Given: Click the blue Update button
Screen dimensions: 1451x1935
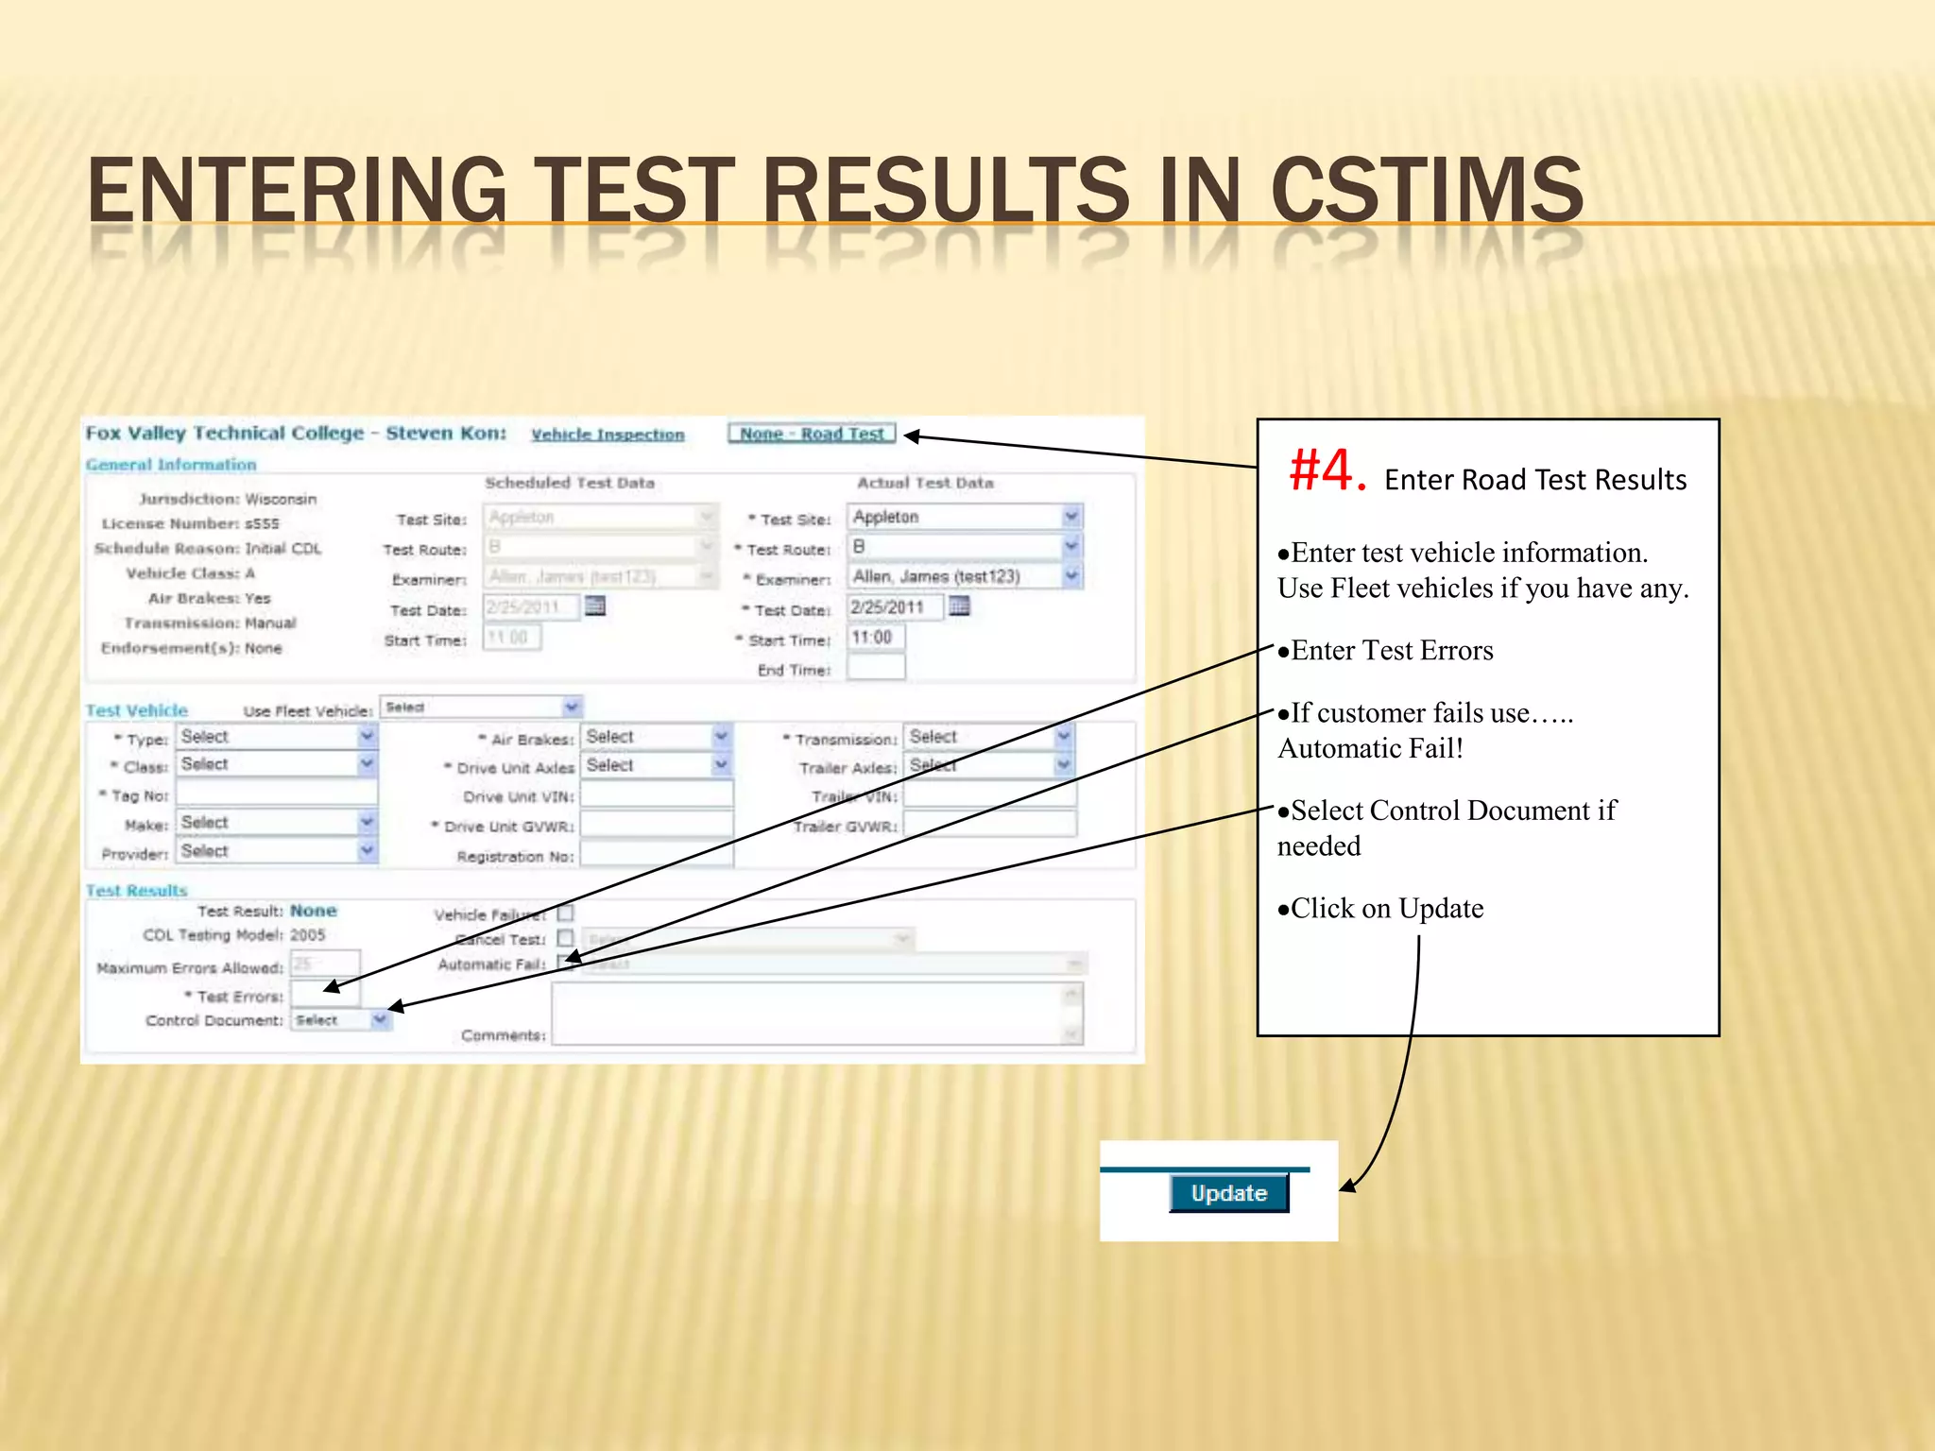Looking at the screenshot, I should click(1228, 1193).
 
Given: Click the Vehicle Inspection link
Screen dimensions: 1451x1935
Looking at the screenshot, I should click(608, 435).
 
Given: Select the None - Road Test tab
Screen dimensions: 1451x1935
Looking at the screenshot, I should click(812, 434).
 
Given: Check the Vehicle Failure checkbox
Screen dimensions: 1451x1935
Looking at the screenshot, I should click(565, 913).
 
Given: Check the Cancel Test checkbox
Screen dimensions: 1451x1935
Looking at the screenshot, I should click(565, 938).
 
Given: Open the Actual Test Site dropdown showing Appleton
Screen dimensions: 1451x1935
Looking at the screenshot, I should click(965, 517).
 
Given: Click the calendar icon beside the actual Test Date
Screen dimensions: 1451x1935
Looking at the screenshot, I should click(959, 606).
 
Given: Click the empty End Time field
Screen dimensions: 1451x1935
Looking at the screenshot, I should click(876, 668).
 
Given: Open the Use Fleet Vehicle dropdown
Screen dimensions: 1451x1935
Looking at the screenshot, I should click(481, 708).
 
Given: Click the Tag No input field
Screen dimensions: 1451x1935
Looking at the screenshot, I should click(277, 794).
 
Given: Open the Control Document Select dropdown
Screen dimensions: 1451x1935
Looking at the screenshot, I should click(340, 1020).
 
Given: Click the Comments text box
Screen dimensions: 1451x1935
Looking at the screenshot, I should click(816, 1014).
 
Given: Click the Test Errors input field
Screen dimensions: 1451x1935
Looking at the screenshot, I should click(324, 995).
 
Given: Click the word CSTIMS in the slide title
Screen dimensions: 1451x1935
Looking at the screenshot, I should click(1427, 191).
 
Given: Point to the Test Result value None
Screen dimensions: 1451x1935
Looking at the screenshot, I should click(314, 911).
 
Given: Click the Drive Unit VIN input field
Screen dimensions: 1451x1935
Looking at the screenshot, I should click(657, 795).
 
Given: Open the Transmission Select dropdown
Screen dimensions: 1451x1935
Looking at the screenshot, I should click(988, 737).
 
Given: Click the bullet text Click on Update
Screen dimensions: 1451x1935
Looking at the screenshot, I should click(1386, 909).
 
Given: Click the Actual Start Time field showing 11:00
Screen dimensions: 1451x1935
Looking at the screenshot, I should click(876, 638).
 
